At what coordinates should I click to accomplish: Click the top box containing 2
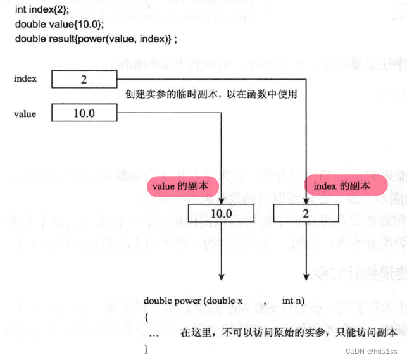coord(84,79)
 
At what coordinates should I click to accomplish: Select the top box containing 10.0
coord(84,114)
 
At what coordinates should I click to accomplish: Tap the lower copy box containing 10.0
coord(221,213)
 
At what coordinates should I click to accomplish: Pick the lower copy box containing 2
coord(305,213)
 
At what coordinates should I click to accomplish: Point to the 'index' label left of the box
coord(25,79)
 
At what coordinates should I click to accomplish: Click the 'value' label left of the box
coord(25,115)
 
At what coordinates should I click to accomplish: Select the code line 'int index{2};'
coord(39,10)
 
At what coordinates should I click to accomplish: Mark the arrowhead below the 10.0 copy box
coord(222,259)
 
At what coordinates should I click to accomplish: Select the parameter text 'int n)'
coord(296,301)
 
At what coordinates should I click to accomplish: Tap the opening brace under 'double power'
coord(146,316)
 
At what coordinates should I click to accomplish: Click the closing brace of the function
coord(146,347)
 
